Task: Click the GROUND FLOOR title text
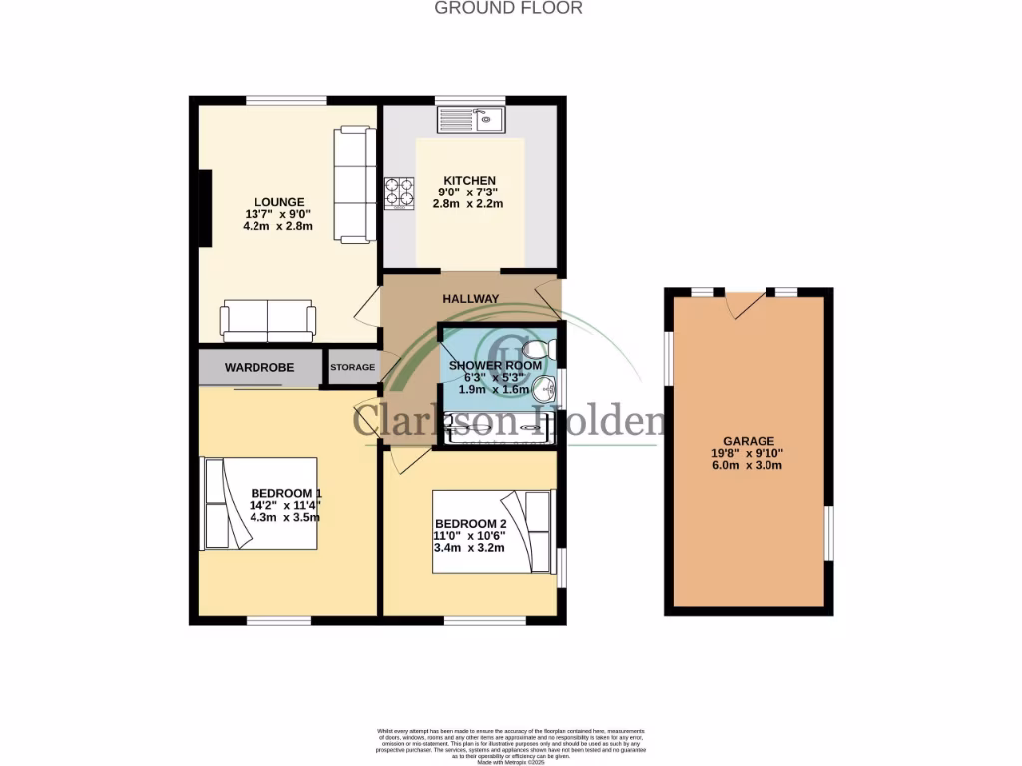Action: pos(509,8)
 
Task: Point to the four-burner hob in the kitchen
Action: pos(399,192)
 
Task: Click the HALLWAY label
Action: pos(471,299)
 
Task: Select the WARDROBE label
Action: pos(259,368)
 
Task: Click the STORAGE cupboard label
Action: pos(353,368)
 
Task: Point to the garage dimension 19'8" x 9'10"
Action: pos(749,453)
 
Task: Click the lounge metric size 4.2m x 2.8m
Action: pos(277,226)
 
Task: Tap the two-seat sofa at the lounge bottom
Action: pos(267,319)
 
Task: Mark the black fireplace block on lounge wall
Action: pos(205,207)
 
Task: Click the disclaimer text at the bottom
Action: pos(510,747)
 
